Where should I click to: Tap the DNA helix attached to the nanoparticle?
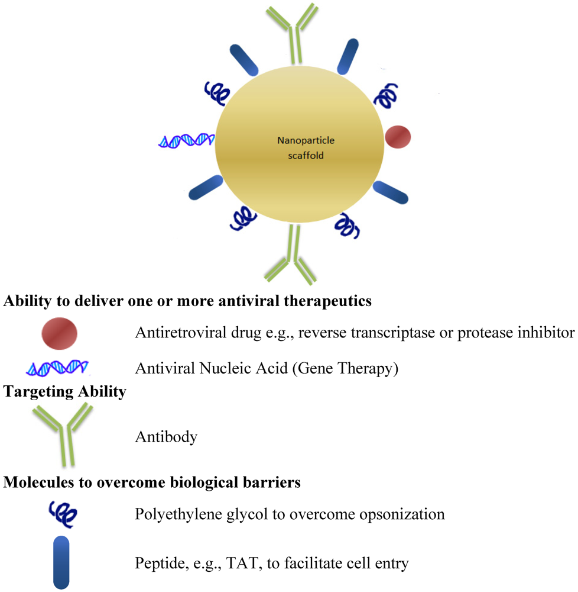coord(186,140)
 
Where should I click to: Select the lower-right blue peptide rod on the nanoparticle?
coord(391,192)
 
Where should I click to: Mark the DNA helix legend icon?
coord(57,368)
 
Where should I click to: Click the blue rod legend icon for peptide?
coord(61,562)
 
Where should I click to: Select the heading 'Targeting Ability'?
coord(65,392)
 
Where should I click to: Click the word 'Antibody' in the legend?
coord(166,437)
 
